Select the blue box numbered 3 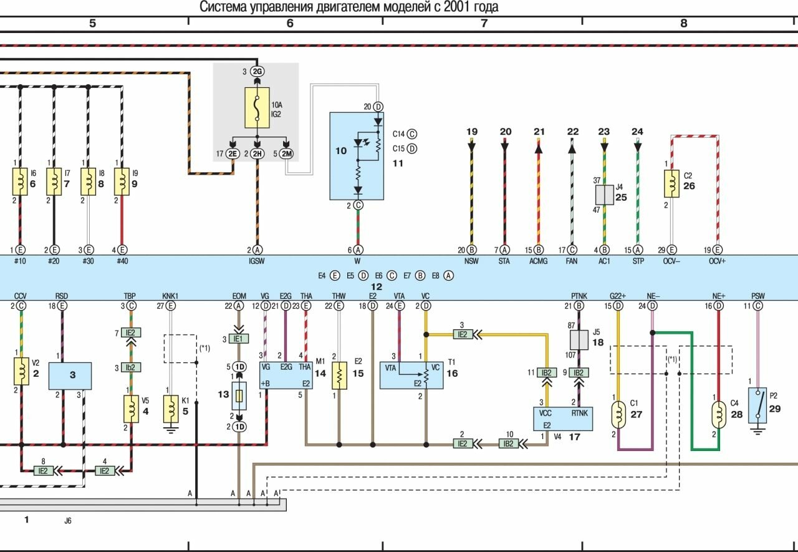(x=70, y=375)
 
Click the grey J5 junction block (x=580, y=340)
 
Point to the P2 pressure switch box (x=757, y=405)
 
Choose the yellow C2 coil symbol (x=671, y=184)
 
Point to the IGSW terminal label (x=256, y=261)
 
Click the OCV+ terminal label (x=718, y=261)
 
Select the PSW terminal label (x=757, y=296)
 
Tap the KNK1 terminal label (x=170, y=296)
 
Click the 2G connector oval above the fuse (x=257, y=72)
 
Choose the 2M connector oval (x=286, y=153)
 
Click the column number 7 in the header (x=484, y=24)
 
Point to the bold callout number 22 (x=572, y=132)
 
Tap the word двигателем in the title (x=335, y=7)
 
